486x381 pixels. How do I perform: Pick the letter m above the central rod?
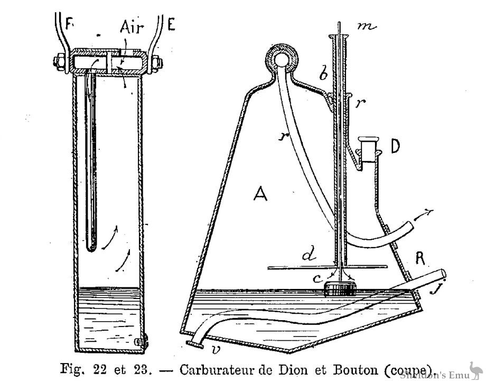(367, 27)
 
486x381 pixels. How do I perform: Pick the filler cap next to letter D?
(367, 144)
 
